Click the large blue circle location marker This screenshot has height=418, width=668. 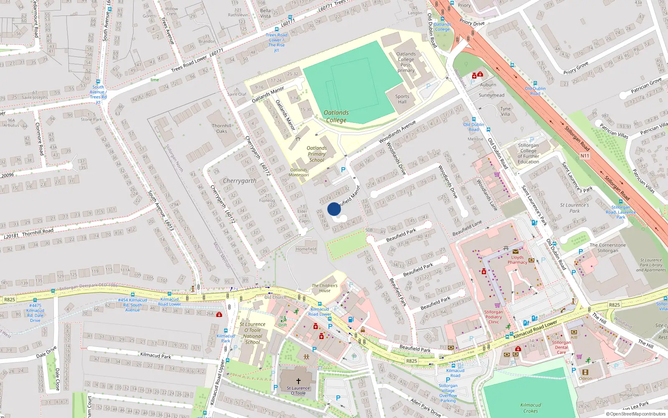(334, 209)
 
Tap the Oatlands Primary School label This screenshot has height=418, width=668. (316, 154)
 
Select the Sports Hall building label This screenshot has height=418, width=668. (402, 99)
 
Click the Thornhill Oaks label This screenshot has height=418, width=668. (221, 128)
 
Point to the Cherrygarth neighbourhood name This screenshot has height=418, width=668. (239, 181)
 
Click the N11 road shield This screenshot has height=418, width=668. (584, 156)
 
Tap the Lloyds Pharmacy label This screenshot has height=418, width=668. (517, 260)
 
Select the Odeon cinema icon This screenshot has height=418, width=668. (585, 372)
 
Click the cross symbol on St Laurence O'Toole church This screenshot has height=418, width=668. (298, 381)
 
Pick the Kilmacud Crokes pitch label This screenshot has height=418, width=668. (531, 408)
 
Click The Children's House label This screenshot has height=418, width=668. (324, 288)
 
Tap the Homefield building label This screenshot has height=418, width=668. (306, 249)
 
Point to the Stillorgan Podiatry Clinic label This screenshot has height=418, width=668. (493, 317)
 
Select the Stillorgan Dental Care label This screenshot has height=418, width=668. (561, 347)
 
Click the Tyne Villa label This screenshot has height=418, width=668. (505, 111)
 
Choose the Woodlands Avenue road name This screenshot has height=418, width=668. (397, 132)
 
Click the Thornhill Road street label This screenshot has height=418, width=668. (38, 232)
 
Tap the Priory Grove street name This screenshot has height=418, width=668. (576, 68)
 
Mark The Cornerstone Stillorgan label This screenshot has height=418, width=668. (607, 248)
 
